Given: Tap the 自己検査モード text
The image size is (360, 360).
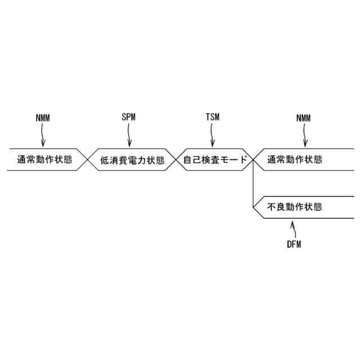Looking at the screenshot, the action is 215,160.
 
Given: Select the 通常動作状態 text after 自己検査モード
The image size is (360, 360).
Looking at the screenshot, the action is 295,159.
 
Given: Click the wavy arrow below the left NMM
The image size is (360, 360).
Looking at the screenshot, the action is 43,135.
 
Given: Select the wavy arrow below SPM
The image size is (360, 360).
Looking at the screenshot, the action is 129,135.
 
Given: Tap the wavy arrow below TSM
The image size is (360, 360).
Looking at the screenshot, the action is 213,135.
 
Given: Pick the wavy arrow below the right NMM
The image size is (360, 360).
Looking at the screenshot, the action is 305,135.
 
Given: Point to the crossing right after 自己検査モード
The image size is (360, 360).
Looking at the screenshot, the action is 254,160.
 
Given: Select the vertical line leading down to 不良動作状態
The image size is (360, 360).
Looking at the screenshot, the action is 254,186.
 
